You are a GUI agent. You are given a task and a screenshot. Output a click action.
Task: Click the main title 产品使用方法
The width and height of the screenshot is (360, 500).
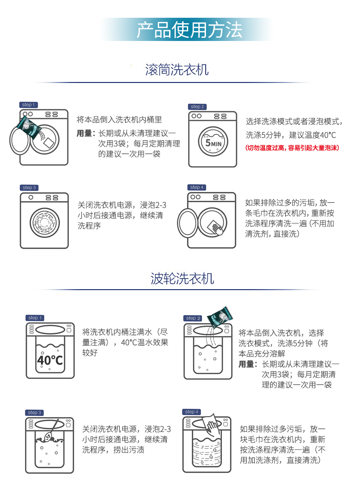pos(189,30)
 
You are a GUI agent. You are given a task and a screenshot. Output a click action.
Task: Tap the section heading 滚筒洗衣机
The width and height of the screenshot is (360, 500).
pos(177,70)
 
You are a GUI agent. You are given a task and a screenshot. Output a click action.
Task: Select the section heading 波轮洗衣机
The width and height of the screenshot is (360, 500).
pos(182,278)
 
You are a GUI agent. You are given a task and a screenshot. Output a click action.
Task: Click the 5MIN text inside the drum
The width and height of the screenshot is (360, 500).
pos(212,143)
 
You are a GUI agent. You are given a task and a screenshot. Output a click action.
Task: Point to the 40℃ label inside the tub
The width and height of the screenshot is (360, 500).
pos(50,360)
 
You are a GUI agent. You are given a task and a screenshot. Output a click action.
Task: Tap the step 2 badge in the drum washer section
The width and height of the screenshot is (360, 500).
pos(198,107)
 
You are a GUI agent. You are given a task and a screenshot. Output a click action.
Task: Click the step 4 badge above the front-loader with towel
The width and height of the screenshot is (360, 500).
pos(196,187)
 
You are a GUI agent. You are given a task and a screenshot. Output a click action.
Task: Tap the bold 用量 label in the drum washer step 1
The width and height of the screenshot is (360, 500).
pos(84,133)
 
